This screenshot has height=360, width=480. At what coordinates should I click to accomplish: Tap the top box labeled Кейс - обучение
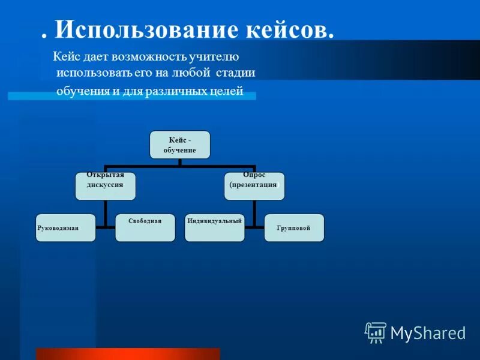point(180,145)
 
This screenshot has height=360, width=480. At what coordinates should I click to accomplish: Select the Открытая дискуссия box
point(105,185)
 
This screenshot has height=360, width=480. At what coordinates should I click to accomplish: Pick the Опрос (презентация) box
point(254,185)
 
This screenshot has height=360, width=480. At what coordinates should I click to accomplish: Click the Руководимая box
point(65,228)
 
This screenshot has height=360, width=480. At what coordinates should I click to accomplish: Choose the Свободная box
point(145,228)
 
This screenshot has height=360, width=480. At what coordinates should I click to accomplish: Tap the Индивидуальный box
point(214,228)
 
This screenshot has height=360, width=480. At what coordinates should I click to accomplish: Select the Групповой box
point(294,228)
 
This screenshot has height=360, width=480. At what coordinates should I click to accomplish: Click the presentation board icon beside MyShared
point(376,332)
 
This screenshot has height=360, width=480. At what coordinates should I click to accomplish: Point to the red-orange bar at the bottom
point(128,353)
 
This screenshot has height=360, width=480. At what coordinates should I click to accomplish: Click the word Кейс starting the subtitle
point(66,57)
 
